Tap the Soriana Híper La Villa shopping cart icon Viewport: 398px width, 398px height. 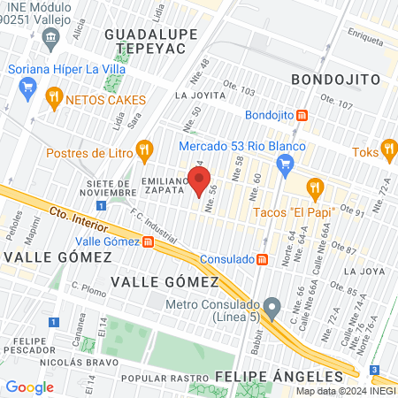click(x=27, y=87)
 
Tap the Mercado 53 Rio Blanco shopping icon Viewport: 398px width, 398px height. click(x=285, y=163)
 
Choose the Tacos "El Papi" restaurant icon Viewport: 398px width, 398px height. click(x=314, y=188)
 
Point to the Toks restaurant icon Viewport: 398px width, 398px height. click(x=387, y=148)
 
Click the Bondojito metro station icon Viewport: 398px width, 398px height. click(x=302, y=115)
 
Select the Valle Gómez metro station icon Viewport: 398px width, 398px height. click(x=147, y=241)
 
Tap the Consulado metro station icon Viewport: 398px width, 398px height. click(x=262, y=259)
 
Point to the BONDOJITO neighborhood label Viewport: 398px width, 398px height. click(x=336, y=80)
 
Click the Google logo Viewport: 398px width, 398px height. click(x=29, y=387)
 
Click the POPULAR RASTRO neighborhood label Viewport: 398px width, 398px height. click(x=157, y=378)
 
